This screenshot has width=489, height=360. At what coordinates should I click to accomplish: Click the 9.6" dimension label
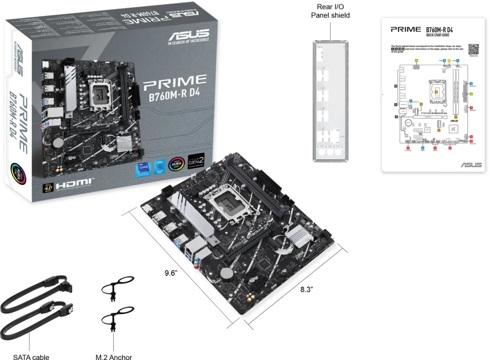click(171, 273)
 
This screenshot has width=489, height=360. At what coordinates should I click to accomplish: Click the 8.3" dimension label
click(306, 289)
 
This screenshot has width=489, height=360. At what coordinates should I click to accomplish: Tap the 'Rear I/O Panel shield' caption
click(330, 11)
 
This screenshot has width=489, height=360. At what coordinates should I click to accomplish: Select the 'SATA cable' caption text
click(31, 357)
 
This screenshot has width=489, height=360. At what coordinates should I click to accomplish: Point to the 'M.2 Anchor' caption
click(114, 357)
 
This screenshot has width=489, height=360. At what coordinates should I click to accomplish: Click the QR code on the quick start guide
click(473, 49)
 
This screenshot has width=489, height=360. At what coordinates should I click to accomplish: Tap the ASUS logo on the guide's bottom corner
click(471, 165)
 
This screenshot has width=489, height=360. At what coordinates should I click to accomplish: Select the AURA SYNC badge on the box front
click(176, 164)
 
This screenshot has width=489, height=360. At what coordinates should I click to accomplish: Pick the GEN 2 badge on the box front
click(196, 161)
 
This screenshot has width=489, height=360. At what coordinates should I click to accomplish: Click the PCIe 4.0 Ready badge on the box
click(48, 188)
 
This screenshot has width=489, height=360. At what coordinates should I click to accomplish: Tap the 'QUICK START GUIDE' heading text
click(437, 35)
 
